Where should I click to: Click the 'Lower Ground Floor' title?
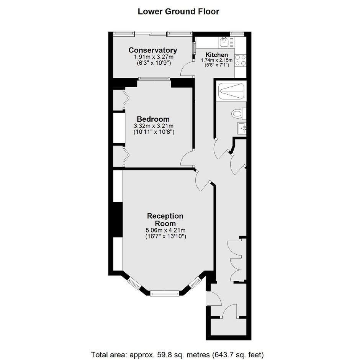click(x=178, y=11)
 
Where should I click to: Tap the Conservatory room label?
click(x=153, y=50)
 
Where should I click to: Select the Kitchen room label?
click(x=217, y=55)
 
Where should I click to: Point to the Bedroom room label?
click(x=153, y=119)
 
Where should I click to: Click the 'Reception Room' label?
click(x=165, y=219)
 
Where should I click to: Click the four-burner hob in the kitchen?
click(x=241, y=60)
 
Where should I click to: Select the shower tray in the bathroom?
click(x=231, y=91)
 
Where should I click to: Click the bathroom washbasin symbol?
click(x=242, y=128)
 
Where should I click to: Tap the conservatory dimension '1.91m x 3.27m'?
click(x=154, y=57)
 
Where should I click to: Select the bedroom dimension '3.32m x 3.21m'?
click(x=153, y=126)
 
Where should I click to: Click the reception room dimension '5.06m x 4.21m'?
click(x=165, y=230)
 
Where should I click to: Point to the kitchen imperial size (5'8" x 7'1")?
click(x=217, y=65)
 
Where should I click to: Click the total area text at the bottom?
click(x=177, y=355)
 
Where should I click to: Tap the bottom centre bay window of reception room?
click(x=164, y=293)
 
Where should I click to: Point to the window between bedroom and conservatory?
click(x=154, y=79)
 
